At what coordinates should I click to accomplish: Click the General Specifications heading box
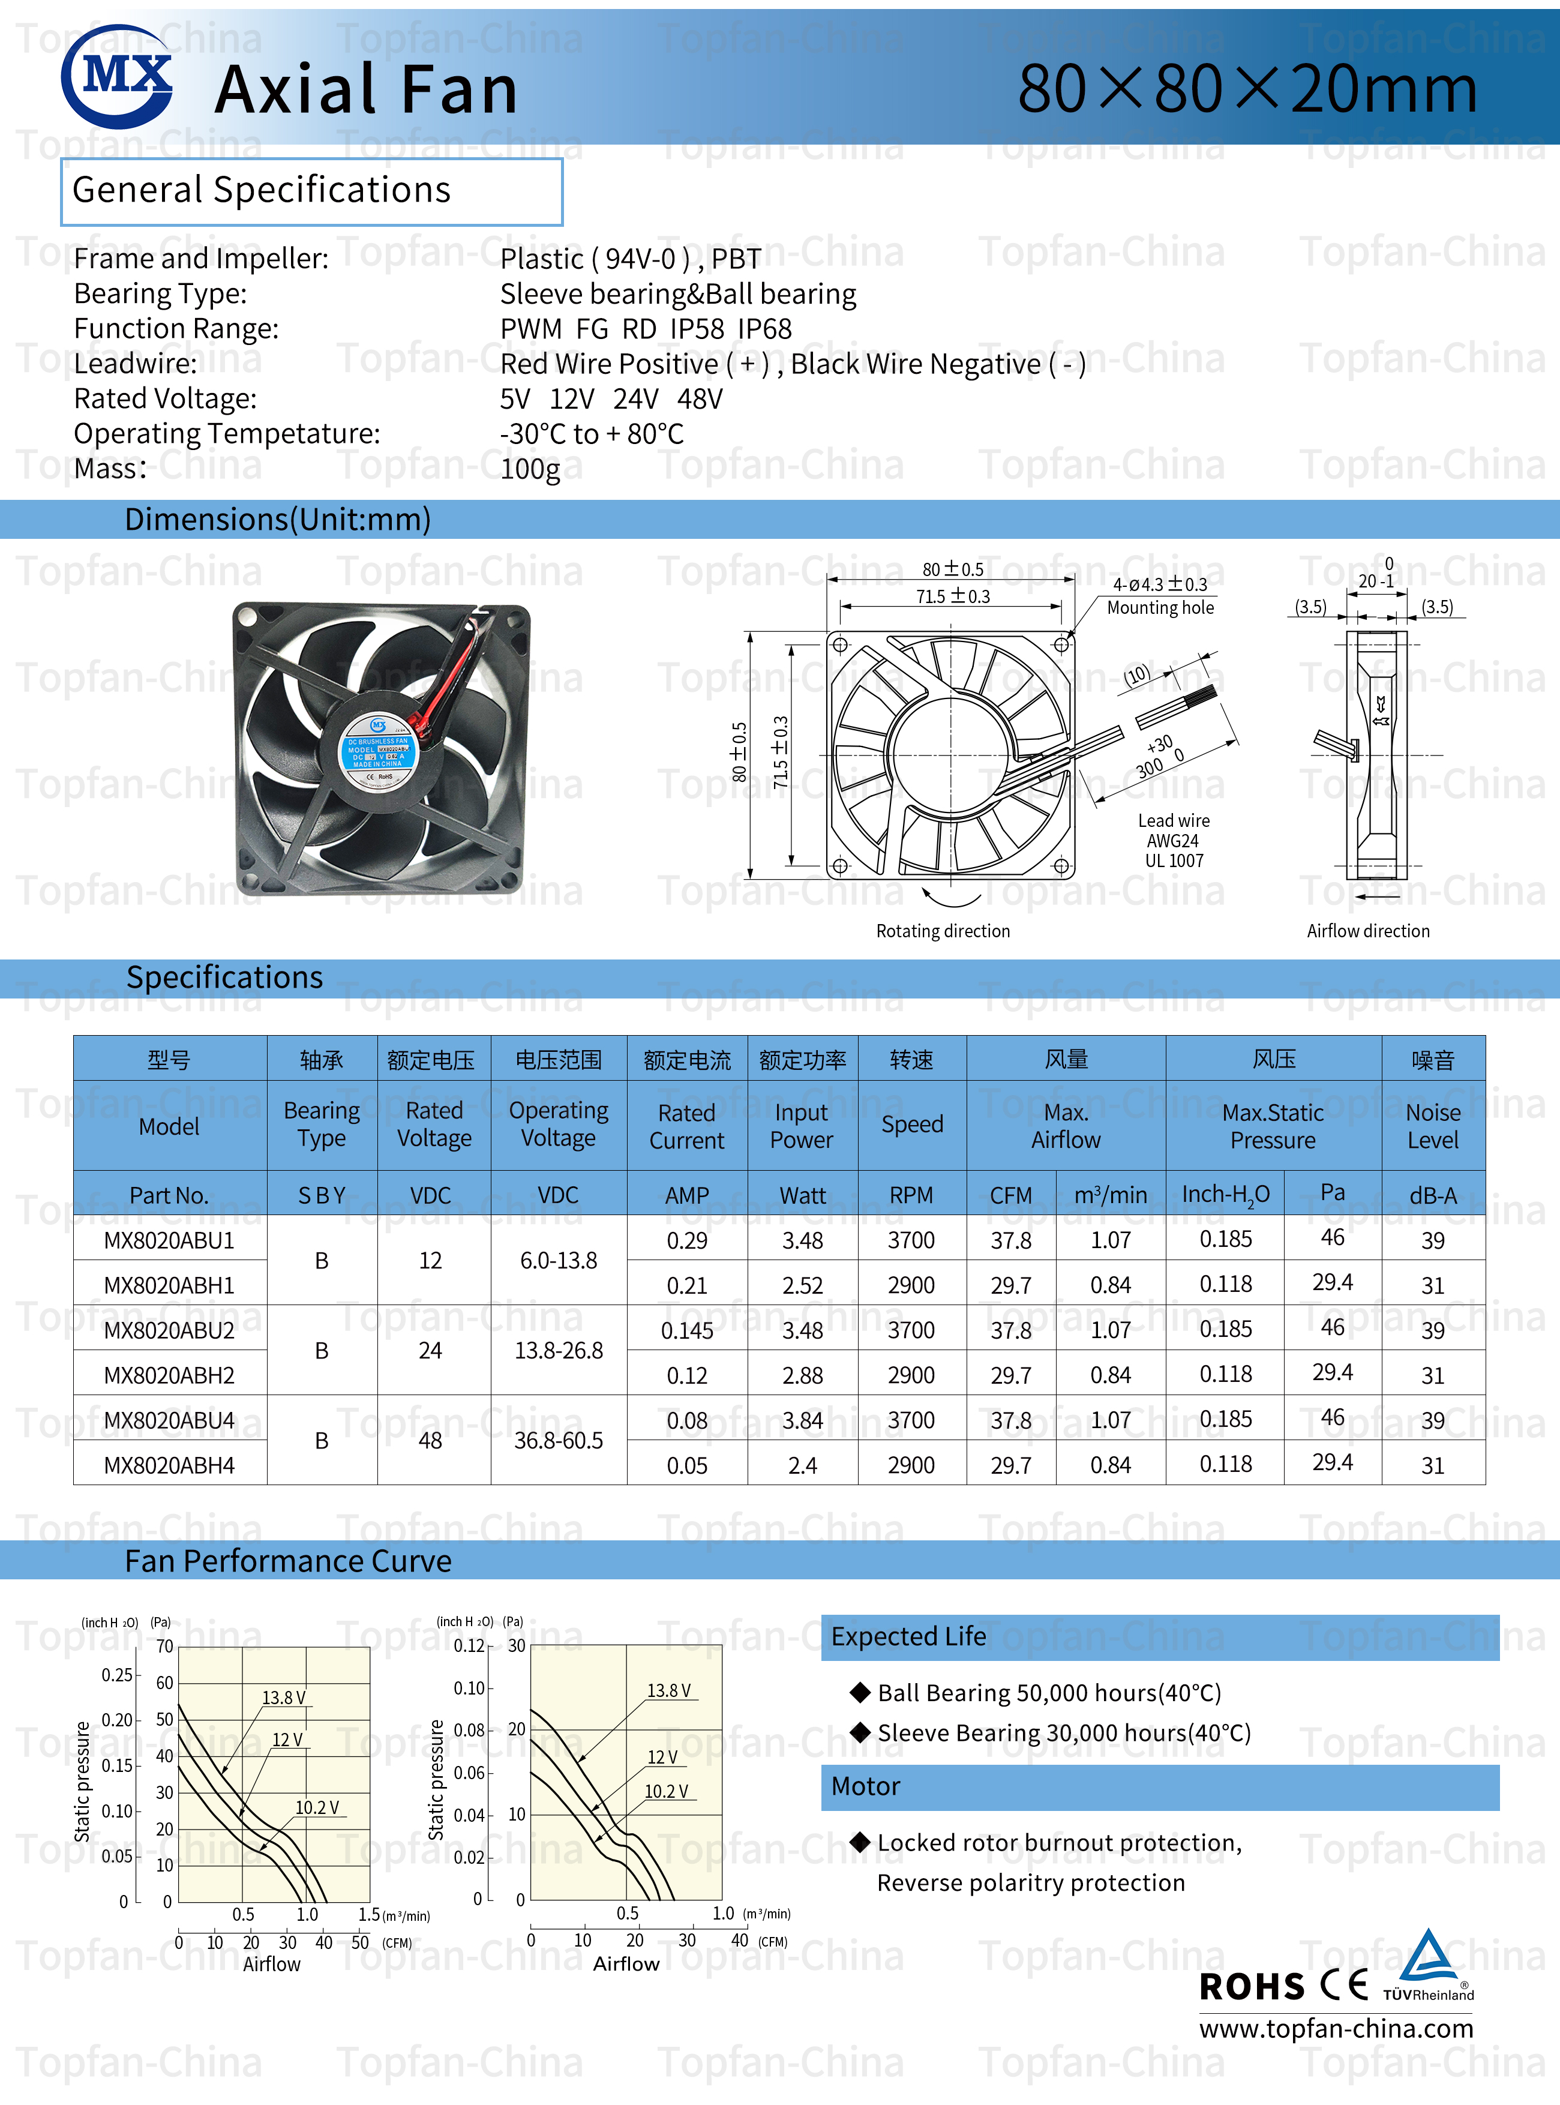pyautogui.click(x=311, y=191)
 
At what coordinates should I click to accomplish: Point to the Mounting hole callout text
pyautogui.click(x=1160, y=608)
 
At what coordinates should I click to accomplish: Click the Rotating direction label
pyautogui.click(x=943, y=931)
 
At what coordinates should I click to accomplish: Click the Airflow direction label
pyautogui.click(x=1367, y=931)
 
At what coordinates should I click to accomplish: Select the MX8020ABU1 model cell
pyautogui.click(x=169, y=1240)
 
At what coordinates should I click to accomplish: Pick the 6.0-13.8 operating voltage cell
pyautogui.click(x=558, y=1261)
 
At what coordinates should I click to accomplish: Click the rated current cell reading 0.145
pyautogui.click(x=686, y=1330)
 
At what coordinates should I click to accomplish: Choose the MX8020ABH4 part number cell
pyautogui.click(x=169, y=1466)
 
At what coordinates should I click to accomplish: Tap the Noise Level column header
pyautogui.click(x=1433, y=1126)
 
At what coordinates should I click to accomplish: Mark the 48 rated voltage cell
pyautogui.click(x=431, y=1441)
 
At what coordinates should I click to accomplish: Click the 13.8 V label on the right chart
pyautogui.click(x=668, y=1690)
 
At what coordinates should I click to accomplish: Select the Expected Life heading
pyautogui.click(x=908, y=1636)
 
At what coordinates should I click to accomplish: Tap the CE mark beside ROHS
pyautogui.click(x=1344, y=1985)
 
